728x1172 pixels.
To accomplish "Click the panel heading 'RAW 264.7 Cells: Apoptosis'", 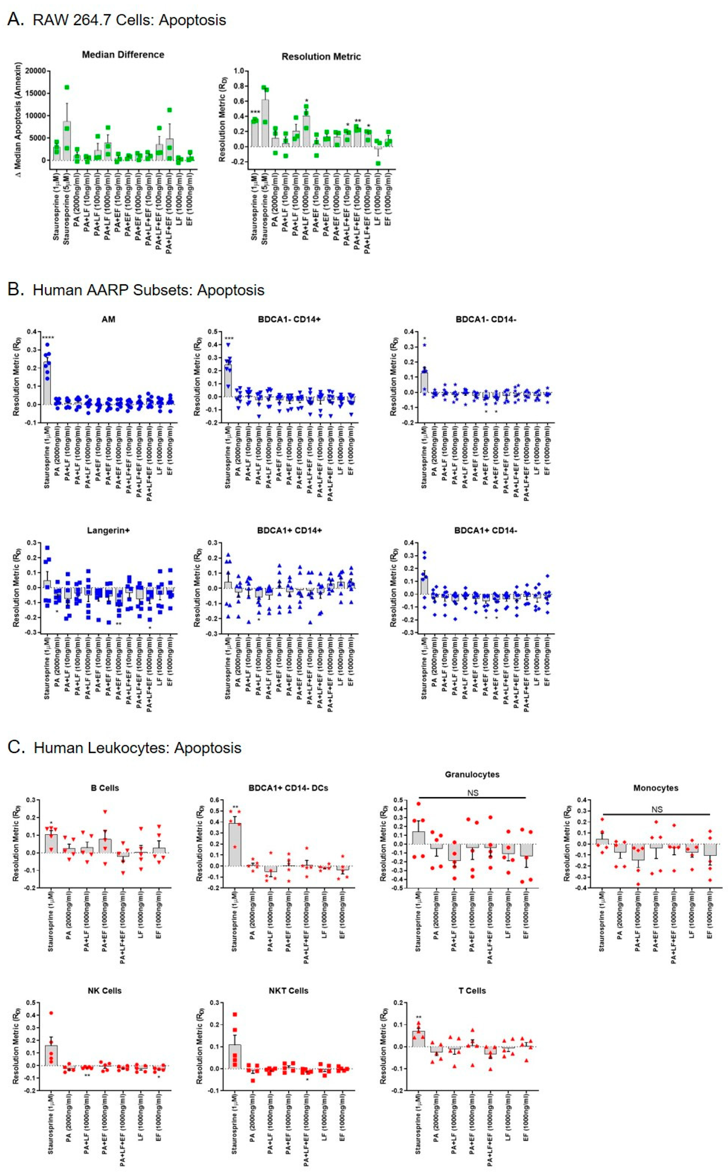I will pyautogui.click(x=129, y=20).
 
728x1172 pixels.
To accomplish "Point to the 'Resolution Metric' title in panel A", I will pyautogui.click(x=321, y=57).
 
